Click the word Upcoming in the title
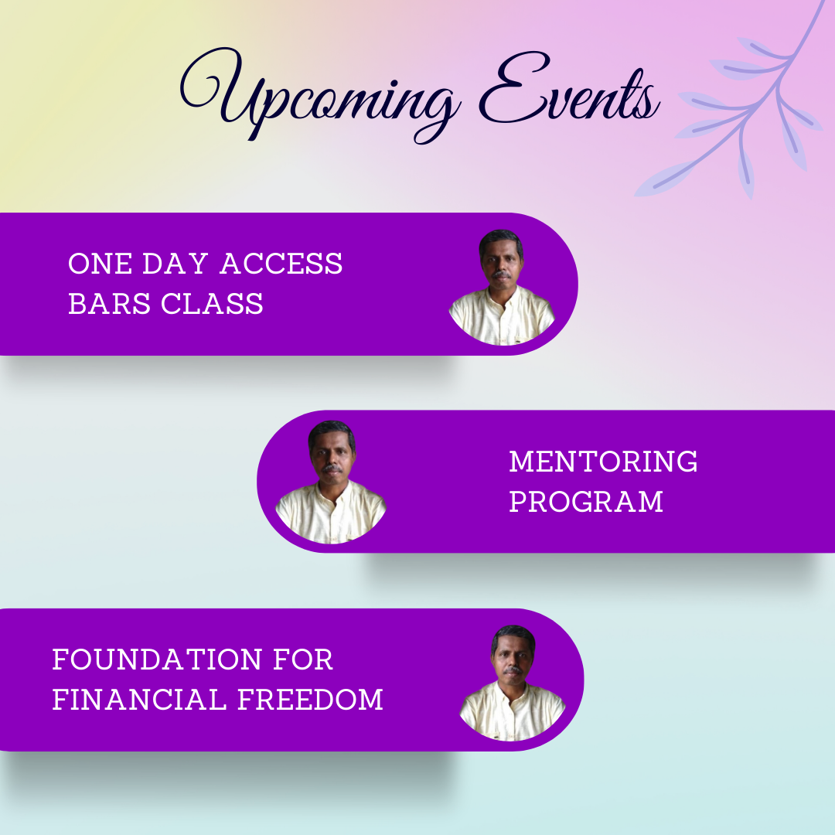click(319, 96)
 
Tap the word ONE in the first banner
click(100, 264)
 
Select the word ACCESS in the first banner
click(281, 264)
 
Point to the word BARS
click(109, 304)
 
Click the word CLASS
click(212, 304)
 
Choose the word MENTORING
click(603, 462)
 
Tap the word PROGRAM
click(586, 502)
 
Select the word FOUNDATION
click(157, 659)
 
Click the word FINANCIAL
click(139, 700)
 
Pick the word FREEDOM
click(310, 700)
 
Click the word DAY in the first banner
click(176, 264)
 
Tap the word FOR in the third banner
click(303, 659)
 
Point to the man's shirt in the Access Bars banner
click(503, 316)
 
